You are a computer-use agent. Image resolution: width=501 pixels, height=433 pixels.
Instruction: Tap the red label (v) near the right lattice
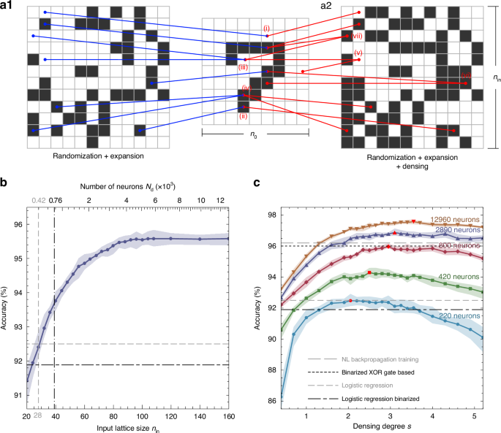(358, 53)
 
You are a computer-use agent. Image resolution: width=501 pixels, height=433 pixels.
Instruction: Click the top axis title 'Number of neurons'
(126, 186)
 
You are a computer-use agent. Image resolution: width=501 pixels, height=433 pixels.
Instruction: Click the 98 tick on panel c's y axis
(271, 215)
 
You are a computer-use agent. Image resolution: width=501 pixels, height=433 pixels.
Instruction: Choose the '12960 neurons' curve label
(453, 219)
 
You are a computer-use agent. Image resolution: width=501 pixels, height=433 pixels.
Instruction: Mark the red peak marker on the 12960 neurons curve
(413, 221)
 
